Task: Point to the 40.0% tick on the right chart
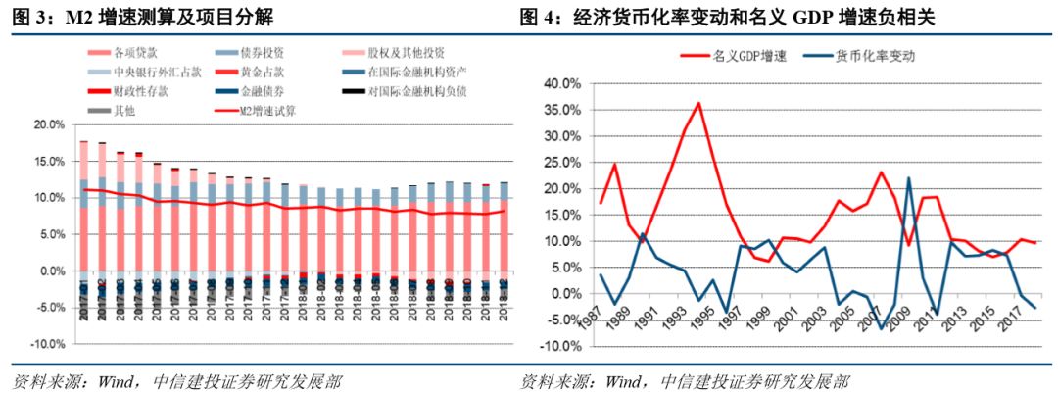coord(561,83)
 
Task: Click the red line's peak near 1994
coord(698,103)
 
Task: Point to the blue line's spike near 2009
coord(909,178)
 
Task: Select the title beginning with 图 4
coord(745,15)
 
